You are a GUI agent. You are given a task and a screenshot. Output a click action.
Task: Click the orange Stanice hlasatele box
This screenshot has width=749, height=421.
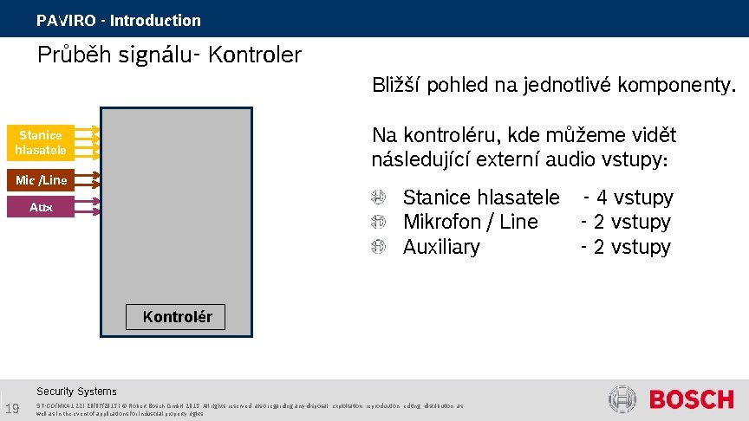click(39, 142)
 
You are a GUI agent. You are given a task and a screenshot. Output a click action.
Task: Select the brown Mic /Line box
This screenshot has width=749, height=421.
click(39, 180)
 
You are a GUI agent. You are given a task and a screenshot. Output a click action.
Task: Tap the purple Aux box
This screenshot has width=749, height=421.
click(41, 207)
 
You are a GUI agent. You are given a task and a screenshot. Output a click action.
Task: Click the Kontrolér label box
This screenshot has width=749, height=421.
click(177, 317)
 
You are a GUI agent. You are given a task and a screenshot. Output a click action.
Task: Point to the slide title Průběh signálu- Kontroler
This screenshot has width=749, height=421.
click(169, 55)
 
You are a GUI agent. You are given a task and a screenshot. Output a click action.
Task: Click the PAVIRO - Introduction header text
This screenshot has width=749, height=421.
click(119, 20)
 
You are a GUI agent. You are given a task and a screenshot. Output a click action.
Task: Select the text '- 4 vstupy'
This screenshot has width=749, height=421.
click(628, 198)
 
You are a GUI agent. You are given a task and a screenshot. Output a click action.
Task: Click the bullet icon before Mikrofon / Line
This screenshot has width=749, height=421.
click(378, 223)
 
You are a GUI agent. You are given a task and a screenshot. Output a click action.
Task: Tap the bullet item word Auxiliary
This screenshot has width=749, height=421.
click(441, 247)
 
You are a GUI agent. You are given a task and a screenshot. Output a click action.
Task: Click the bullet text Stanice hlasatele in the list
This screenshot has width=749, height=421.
click(481, 198)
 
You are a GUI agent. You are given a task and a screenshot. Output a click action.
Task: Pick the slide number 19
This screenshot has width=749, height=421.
click(11, 409)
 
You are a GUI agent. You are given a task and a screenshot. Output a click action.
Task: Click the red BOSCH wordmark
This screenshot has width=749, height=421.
click(691, 399)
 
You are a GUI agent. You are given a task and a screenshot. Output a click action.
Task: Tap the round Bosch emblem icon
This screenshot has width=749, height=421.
click(622, 399)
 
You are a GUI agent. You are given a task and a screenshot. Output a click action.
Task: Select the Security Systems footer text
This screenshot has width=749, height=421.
click(76, 392)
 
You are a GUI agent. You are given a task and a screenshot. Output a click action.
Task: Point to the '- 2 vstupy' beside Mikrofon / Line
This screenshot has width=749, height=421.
click(625, 223)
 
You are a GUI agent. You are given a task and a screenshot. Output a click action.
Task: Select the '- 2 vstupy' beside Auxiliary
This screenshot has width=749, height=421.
click(625, 247)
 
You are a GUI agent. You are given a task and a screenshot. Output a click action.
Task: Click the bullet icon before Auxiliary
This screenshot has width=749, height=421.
click(378, 248)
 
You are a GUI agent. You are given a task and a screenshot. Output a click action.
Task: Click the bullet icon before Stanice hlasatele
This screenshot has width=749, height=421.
click(378, 198)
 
